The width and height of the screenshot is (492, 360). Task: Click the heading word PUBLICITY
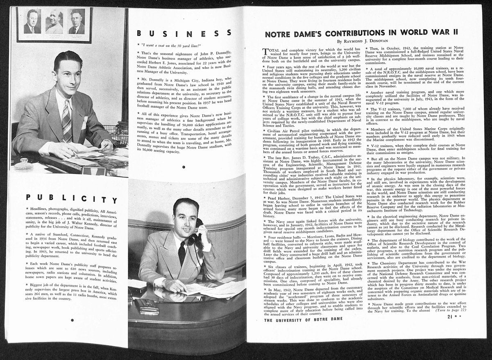[72, 198]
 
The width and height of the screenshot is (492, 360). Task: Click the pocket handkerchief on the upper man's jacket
[84, 121]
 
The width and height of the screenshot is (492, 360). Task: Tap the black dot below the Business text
[184, 167]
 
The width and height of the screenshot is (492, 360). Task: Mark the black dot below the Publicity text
[72, 320]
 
